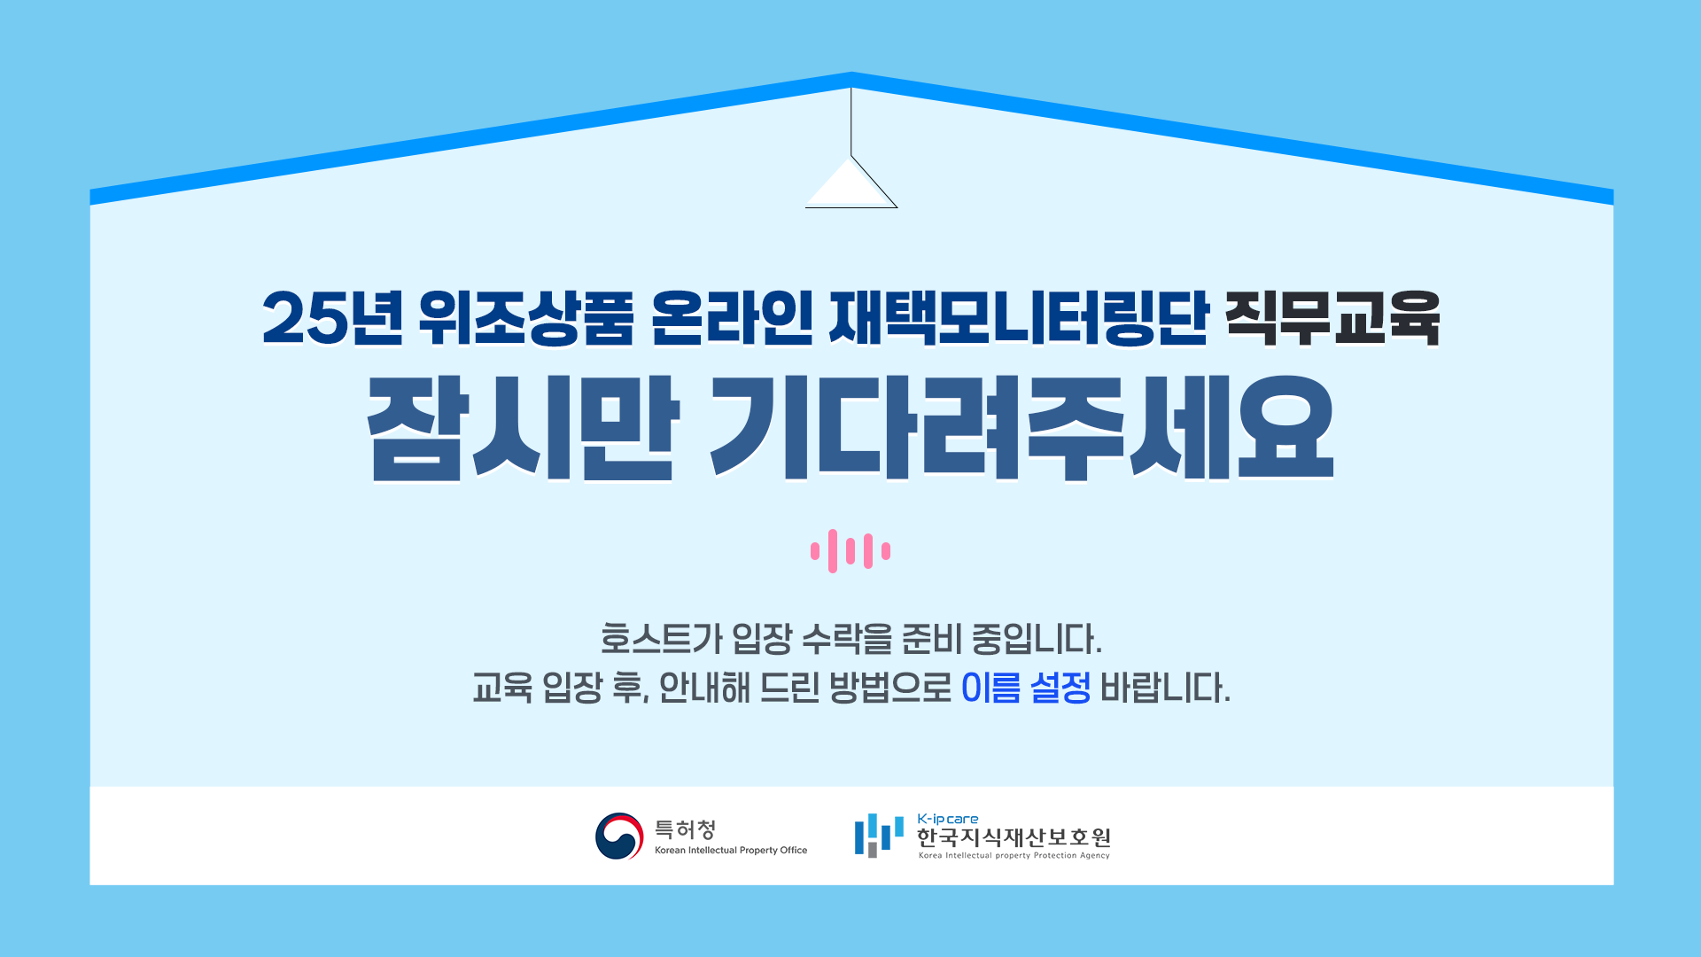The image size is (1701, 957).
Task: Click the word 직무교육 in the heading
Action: pos(1332,317)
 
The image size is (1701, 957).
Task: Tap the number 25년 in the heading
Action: pos(332,317)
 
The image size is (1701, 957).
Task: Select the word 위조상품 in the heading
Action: pos(526,317)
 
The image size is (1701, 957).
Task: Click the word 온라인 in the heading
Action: pos(732,317)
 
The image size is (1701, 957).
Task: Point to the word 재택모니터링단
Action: pos(1019,317)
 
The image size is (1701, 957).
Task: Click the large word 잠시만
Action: pos(523,428)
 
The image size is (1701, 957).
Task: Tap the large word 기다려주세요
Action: pos(1022,428)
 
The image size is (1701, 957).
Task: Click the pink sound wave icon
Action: pos(850,551)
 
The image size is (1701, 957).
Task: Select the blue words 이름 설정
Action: pos(1026,688)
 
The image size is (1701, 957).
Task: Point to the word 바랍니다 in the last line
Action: pos(1165,688)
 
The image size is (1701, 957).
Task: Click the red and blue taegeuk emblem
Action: pos(619,836)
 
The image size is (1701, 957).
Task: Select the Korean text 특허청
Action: pos(685,829)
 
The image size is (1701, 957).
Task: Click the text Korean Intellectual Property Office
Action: pos(731,851)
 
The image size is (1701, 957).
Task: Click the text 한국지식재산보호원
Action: pos(1014,837)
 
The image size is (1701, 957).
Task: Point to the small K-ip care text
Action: pos(948,820)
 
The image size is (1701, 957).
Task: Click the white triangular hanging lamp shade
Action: pos(850,183)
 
